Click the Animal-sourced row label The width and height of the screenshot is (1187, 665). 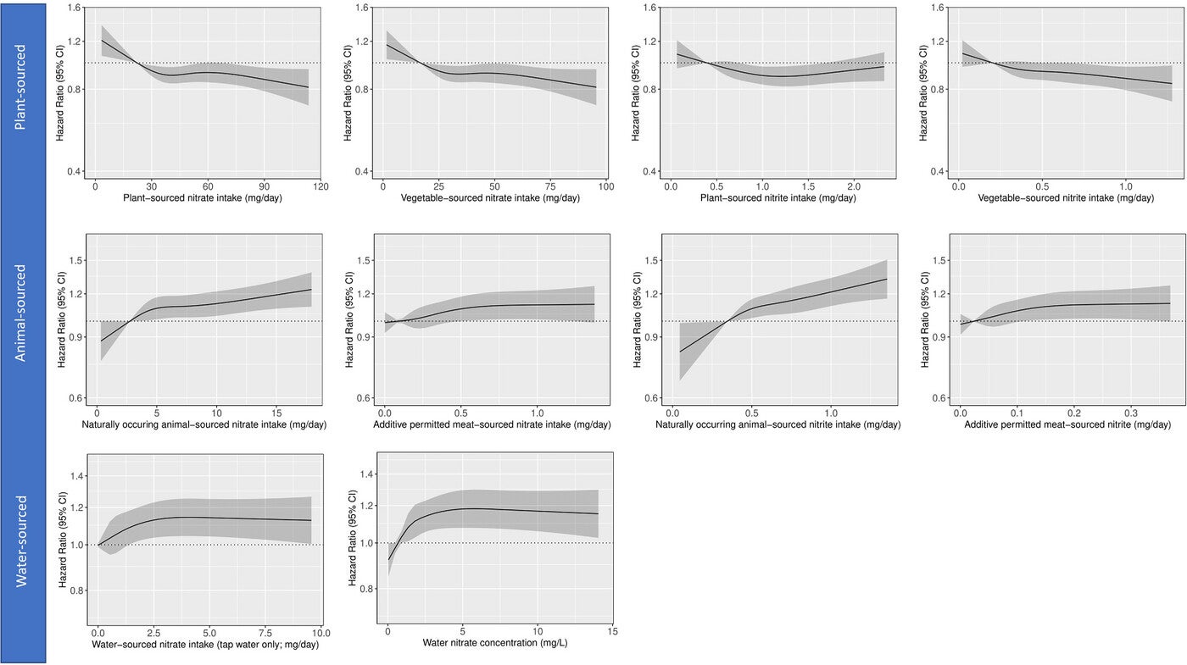tap(23, 313)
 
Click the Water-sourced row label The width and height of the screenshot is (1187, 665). tap(23, 540)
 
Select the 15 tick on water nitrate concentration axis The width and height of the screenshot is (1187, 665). tap(612, 631)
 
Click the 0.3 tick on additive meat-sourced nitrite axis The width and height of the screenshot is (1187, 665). tap(1132, 411)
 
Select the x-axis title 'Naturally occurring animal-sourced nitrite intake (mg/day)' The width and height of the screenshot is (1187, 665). tap(777, 424)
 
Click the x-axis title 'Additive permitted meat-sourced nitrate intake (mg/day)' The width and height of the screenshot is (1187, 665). tap(491, 424)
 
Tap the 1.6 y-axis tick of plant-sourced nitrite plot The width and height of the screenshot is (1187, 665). tap(651, 8)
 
